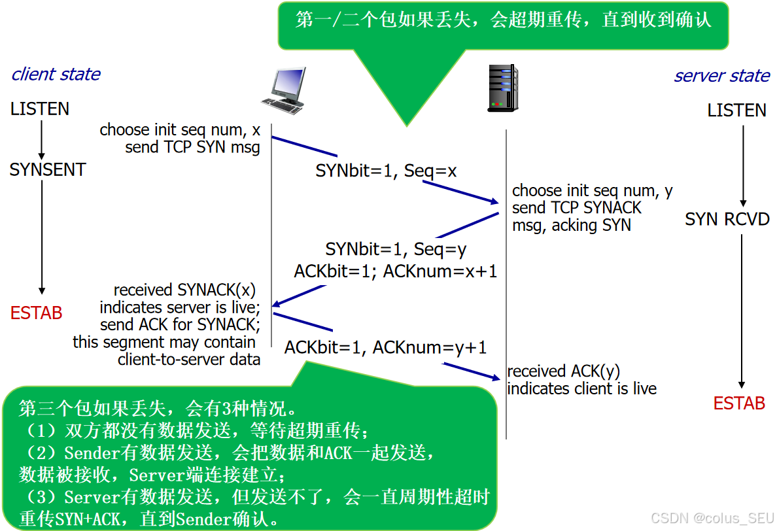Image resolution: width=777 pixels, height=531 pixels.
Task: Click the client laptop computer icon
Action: (283, 90)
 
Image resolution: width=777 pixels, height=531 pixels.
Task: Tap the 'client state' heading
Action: (56, 74)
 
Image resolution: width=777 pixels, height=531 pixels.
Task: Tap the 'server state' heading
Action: (721, 76)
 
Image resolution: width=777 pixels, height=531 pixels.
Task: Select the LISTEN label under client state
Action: (40, 109)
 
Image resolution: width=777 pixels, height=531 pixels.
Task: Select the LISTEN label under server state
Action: (736, 110)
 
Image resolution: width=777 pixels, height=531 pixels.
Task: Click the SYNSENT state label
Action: (48, 170)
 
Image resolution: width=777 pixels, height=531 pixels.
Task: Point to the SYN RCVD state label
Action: (727, 219)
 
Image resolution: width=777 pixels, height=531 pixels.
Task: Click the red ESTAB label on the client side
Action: (37, 313)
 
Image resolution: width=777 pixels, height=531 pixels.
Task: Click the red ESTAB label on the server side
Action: (739, 403)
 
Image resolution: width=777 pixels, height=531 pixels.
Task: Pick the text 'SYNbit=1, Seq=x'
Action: (386, 171)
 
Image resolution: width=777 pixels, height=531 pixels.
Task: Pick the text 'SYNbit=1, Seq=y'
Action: (396, 249)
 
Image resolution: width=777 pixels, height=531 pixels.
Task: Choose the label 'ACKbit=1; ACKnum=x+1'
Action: (396, 270)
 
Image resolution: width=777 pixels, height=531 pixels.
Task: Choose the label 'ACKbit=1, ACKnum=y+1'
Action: (385, 348)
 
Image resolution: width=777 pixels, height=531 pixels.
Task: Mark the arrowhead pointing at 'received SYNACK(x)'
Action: (277, 304)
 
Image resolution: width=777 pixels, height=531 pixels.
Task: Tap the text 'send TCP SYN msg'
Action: (192, 147)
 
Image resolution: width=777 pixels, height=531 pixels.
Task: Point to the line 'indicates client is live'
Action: (581, 388)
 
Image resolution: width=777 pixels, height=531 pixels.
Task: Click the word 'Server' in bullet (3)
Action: (91, 497)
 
